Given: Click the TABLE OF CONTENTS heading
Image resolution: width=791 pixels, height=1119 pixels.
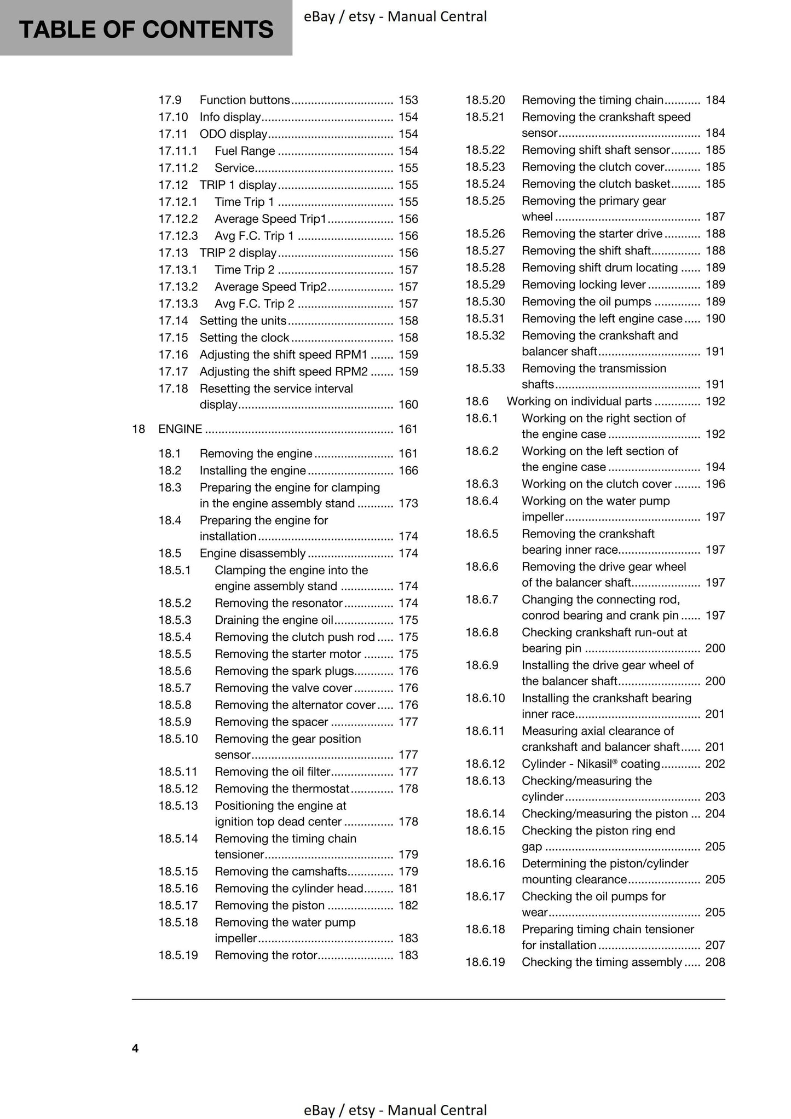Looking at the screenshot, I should (x=146, y=30).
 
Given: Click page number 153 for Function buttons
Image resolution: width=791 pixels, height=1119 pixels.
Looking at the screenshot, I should (x=408, y=100).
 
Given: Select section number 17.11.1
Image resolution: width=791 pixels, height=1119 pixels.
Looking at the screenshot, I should (x=177, y=151).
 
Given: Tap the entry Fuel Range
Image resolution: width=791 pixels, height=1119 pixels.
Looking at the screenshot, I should (x=245, y=151).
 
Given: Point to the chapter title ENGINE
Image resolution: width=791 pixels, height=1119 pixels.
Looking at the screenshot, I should (x=180, y=429).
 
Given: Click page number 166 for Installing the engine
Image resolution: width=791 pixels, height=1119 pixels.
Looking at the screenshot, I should (x=408, y=471).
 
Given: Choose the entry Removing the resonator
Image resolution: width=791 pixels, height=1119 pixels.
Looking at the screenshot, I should (x=278, y=603).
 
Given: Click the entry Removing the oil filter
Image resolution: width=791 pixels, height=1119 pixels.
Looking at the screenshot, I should (x=273, y=772).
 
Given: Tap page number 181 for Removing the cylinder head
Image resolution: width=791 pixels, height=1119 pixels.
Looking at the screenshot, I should (x=408, y=888).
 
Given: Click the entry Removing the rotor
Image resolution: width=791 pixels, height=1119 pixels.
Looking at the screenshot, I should (x=266, y=955).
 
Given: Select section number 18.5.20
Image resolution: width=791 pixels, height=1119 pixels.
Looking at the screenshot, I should (x=484, y=100).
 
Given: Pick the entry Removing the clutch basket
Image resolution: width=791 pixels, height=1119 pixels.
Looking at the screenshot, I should (x=596, y=184).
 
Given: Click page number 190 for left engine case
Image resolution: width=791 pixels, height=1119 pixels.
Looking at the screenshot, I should (x=715, y=318).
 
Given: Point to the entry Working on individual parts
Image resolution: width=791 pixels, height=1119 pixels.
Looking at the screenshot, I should (x=579, y=401).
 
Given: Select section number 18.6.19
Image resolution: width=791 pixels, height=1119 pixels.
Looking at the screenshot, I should (x=484, y=962).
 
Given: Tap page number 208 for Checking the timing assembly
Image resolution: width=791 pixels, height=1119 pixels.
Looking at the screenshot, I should (x=715, y=962).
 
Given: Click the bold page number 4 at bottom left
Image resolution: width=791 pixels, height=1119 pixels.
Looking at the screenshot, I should (x=135, y=1048).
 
